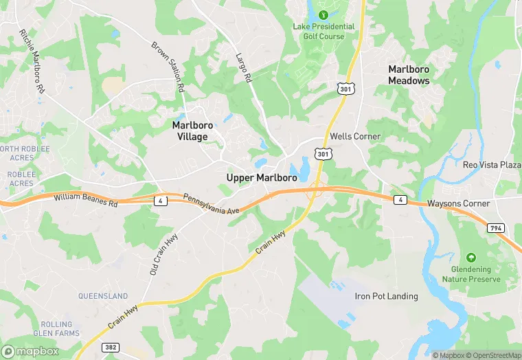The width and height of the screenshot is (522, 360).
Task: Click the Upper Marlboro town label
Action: [262, 177]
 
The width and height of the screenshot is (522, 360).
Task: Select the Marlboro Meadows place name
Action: [409, 75]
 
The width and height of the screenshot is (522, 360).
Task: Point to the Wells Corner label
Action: [355, 137]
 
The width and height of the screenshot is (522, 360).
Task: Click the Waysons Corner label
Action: [458, 203]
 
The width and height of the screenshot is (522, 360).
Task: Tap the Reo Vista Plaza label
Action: [492, 165]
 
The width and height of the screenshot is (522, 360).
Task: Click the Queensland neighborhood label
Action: [103, 296]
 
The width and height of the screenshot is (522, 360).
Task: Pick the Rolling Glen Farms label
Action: [56, 328]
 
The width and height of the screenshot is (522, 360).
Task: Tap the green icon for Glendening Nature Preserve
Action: [470, 256]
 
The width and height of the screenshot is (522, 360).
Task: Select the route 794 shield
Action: [495, 227]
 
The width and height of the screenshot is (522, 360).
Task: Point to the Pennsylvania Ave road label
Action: [210, 203]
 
